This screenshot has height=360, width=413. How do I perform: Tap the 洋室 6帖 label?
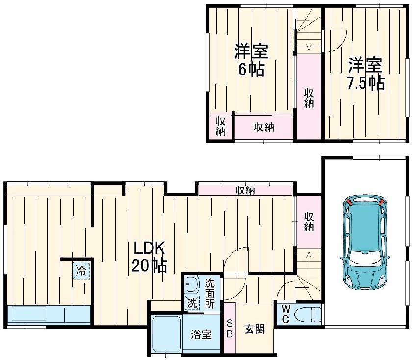coord(252,60)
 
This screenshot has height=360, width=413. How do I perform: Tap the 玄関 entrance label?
coord(254,329)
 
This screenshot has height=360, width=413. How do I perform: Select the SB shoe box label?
coord(230,329)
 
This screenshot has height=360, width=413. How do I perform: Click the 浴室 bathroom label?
coord(201,334)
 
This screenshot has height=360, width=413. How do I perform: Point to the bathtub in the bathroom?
coord(167,334)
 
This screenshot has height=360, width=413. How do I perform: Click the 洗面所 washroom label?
coord(209,293)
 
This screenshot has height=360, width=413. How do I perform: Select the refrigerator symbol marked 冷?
coord(81,270)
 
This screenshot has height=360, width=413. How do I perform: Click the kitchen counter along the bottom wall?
coord(49,315)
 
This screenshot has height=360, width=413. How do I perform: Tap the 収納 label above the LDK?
coord(245,190)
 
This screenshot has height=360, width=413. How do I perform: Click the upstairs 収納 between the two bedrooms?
coord(309,98)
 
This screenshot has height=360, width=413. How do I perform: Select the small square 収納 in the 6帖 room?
coord(220,127)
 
